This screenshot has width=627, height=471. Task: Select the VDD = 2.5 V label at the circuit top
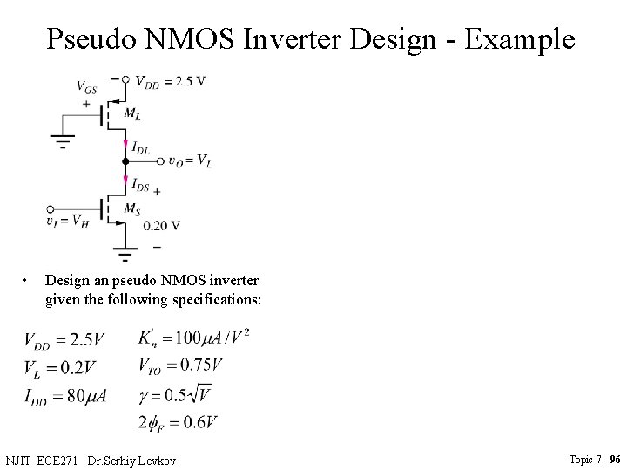170,81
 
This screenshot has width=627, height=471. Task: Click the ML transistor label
133,113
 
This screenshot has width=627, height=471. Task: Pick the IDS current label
140,184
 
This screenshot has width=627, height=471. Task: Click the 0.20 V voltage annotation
162,225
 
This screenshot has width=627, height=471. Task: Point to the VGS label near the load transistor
86,87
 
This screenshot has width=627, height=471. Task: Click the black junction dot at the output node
125,161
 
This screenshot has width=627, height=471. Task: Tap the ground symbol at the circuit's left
63,140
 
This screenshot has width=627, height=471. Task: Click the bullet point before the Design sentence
29,281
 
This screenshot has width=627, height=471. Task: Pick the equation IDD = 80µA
65,395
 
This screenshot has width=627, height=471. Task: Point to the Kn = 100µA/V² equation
193,336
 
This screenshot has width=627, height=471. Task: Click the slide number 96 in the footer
615,459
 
